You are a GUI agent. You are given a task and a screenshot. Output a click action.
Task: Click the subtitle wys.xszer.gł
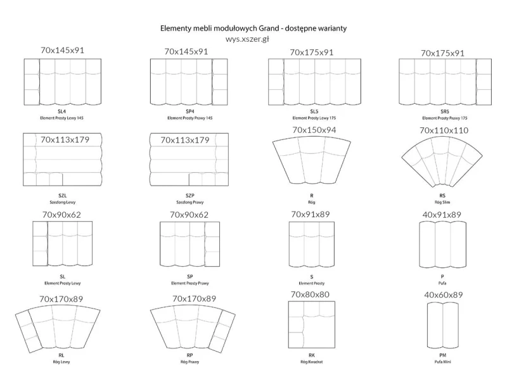pyautogui.click(x=247, y=39)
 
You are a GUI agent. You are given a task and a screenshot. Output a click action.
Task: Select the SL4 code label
pyautogui.click(x=61, y=111)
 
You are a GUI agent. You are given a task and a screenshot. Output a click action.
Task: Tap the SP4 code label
pyautogui.click(x=189, y=111)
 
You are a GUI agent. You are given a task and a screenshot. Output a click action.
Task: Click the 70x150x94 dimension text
pyautogui.click(x=314, y=130)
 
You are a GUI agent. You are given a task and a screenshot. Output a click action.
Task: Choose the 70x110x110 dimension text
pyautogui.click(x=444, y=130)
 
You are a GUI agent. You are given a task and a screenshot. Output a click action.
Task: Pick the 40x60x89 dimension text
pyautogui.click(x=443, y=295)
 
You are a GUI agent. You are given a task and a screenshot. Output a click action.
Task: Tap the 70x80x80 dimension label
pyautogui.click(x=310, y=295)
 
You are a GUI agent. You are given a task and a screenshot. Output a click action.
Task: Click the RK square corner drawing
pyautogui.click(x=312, y=324)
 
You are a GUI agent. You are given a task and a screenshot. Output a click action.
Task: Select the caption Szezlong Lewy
pyautogui.click(x=62, y=202)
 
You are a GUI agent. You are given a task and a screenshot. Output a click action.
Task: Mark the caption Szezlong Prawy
pyautogui.click(x=189, y=202)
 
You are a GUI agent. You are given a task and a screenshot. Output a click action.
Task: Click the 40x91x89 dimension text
pyautogui.click(x=442, y=215)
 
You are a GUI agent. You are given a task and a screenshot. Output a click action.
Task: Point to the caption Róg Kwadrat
pyautogui.click(x=311, y=362)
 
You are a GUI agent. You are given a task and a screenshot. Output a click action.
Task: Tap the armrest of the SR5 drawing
pyautogui.click(x=484, y=82)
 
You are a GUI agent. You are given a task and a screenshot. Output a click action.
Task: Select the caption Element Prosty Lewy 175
pyautogui.click(x=314, y=118)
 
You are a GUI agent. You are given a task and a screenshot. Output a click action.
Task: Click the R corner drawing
pyautogui.click(x=311, y=162)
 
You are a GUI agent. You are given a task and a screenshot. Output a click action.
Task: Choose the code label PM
pyautogui.click(x=442, y=355)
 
